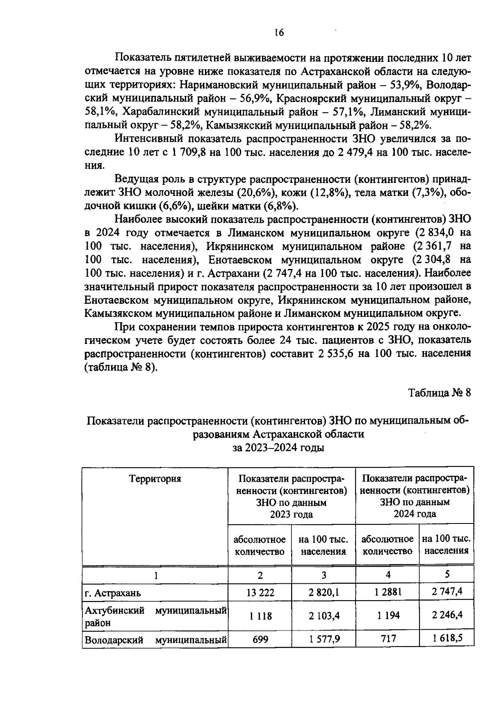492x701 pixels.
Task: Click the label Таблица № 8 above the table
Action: (440, 393)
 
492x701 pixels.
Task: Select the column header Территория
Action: (155, 479)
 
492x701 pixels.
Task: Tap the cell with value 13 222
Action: (260, 592)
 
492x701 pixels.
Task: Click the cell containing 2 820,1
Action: (324, 592)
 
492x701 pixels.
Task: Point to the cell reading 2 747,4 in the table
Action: (447, 592)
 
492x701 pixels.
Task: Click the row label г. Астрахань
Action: (113, 593)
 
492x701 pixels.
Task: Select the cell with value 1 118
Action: (260, 616)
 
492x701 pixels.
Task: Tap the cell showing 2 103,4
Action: (324, 616)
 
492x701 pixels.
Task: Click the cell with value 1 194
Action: (387, 615)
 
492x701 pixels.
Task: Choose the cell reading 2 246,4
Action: (447, 615)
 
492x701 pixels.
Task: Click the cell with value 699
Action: (260, 639)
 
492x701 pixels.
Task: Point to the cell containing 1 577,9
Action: (324, 639)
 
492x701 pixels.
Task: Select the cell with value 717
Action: (387, 639)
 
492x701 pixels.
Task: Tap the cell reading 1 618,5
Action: (447, 639)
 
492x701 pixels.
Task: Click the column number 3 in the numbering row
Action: (324, 575)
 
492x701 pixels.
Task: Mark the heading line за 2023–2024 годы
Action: (279, 448)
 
